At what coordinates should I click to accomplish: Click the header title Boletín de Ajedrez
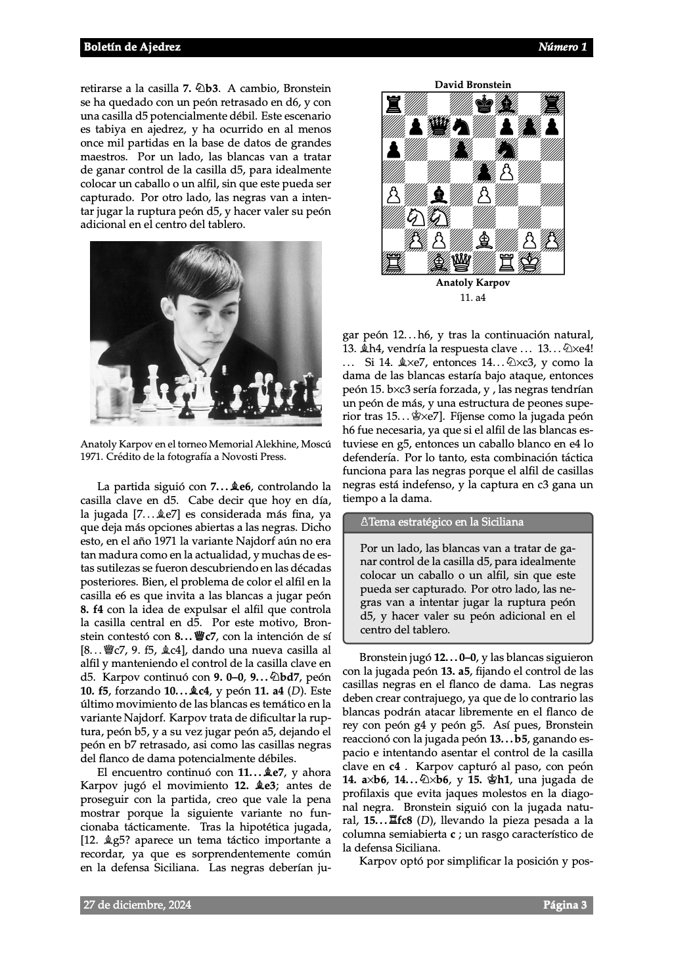click(132, 47)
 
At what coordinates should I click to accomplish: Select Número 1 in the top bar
click(562, 47)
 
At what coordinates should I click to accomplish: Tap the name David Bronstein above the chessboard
click(472, 85)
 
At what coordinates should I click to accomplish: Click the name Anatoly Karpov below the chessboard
click(472, 283)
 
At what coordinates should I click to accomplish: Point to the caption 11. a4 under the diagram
click(472, 298)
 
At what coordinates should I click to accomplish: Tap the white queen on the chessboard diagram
click(461, 263)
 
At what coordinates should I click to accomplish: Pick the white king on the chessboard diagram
click(529, 263)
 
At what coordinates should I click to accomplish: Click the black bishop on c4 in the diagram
click(439, 195)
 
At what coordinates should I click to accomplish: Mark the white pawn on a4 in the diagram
click(393, 195)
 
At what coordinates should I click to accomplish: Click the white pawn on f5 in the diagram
click(506, 173)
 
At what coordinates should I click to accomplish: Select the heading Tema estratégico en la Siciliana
click(446, 522)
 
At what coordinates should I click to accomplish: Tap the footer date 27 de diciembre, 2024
click(137, 905)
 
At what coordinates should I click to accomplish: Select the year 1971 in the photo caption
click(90, 456)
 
